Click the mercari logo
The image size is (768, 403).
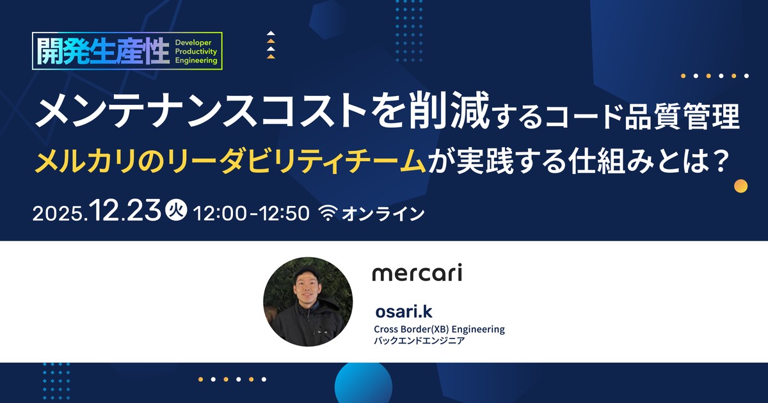[417, 273]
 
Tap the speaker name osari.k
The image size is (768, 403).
[404, 312]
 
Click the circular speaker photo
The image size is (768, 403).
[308, 301]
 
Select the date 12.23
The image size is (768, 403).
[125, 210]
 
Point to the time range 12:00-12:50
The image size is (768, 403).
[252, 213]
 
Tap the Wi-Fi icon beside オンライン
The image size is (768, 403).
[328, 213]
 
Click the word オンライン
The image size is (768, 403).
[383, 214]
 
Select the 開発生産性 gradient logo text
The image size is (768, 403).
[103, 51]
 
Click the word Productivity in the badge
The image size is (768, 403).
[196, 51]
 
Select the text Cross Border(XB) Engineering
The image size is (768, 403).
[439, 329]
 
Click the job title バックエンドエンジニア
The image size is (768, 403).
[419, 340]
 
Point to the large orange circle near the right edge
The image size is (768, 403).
[740, 186]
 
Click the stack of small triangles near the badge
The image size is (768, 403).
[271, 45]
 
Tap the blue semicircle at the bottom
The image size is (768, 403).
[364, 383]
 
